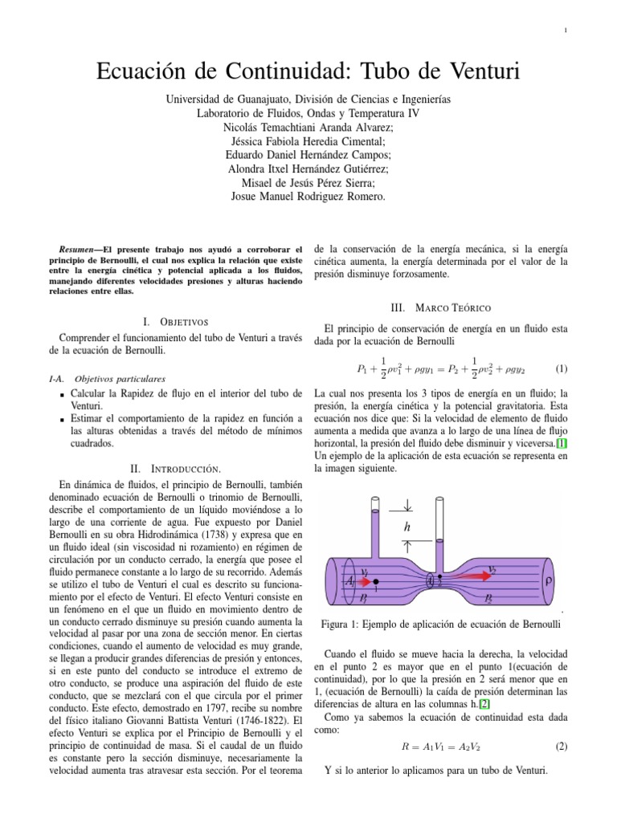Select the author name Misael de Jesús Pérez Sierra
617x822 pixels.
(308, 182)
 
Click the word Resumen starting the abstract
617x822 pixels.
(80, 250)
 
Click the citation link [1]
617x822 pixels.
(562, 442)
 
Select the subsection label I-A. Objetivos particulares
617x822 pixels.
(108, 377)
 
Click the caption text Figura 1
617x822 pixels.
(342, 625)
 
